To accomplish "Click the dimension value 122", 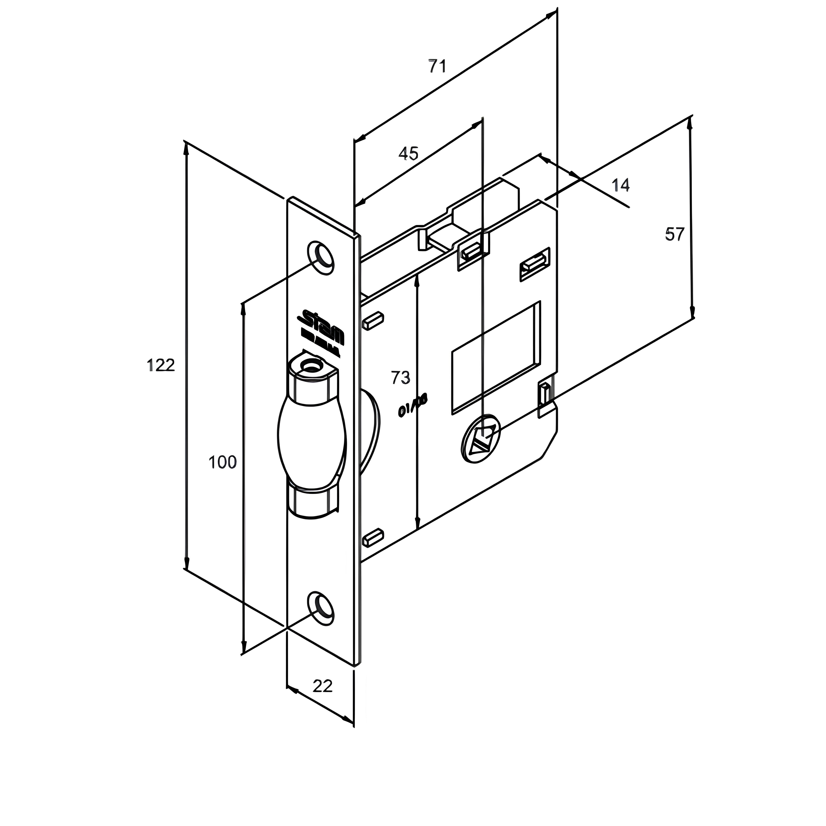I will [161, 366].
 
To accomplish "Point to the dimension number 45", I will [408, 153].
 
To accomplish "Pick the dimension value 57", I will [675, 234].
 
